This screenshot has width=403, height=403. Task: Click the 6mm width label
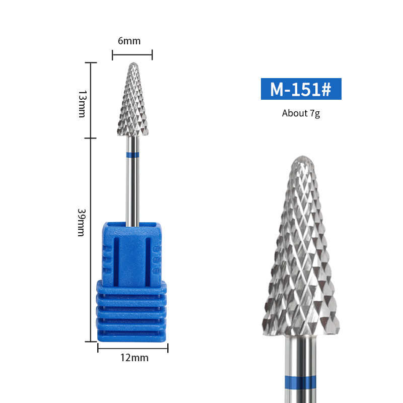tap(129, 41)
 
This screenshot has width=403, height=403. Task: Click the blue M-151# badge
tap(301, 89)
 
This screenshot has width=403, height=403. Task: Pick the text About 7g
tap(301, 113)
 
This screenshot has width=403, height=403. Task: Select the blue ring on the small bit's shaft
tap(132, 154)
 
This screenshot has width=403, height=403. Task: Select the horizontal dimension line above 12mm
tap(132, 348)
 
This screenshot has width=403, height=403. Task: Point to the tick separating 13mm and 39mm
tap(90, 138)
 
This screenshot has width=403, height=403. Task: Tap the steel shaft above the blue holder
tap(132, 191)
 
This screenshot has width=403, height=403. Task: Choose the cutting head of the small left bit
tap(132, 103)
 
